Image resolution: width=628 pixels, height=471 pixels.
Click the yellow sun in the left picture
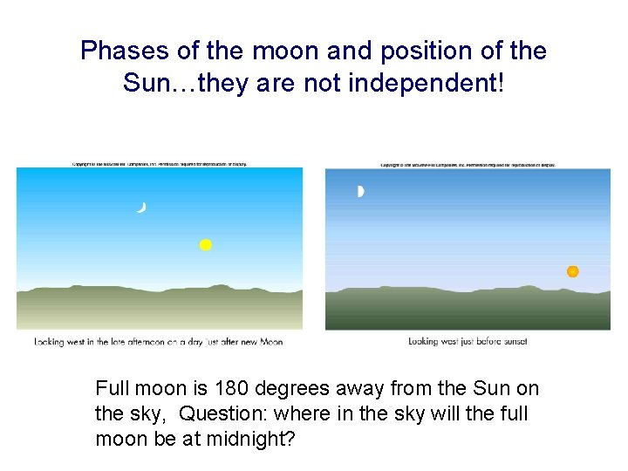205,245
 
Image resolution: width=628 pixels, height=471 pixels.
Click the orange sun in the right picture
572,271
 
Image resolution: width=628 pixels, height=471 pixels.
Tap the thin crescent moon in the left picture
140,207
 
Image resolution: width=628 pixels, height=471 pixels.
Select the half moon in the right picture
360,192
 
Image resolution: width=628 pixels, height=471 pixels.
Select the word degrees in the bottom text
300,389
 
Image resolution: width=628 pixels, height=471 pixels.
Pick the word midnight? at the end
253,438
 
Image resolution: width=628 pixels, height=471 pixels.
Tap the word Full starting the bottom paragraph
112,389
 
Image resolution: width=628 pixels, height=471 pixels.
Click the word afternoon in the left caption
145,342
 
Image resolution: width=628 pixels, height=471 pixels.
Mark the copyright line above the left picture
160,164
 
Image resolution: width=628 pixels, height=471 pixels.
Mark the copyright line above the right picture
468,165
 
